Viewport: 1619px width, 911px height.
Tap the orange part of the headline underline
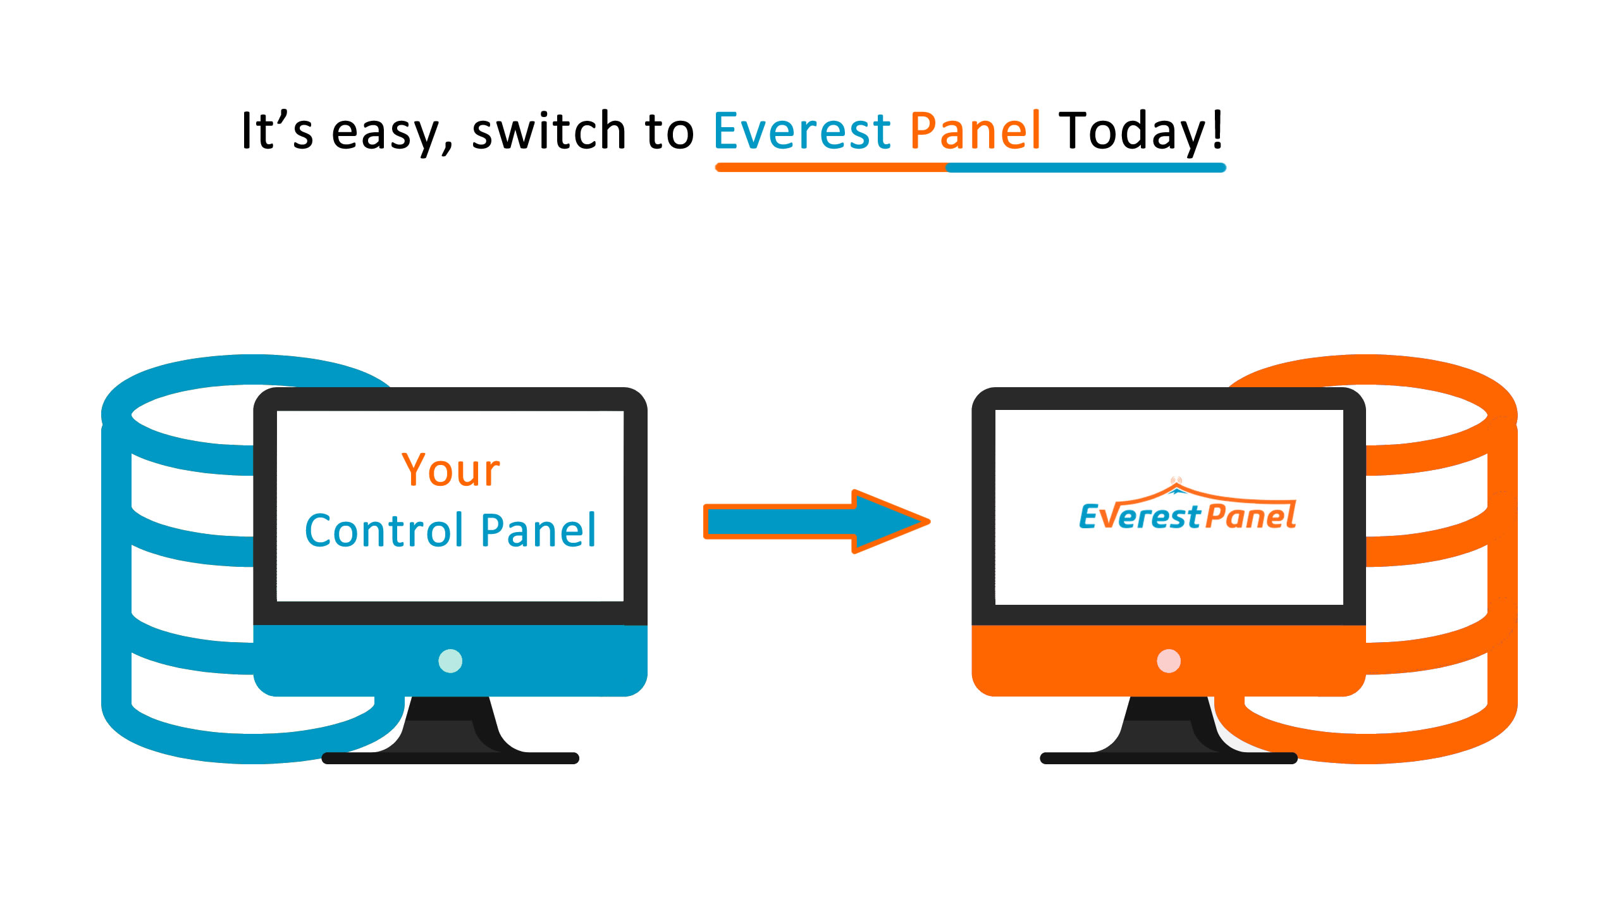(x=830, y=168)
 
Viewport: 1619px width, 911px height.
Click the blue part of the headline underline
(x=1086, y=168)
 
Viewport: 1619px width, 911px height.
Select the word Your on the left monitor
(x=451, y=470)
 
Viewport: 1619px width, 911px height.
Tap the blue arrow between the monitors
(x=816, y=522)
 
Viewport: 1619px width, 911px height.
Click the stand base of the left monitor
(x=450, y=758)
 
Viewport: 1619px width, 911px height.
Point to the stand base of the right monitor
(x=1169, y=758)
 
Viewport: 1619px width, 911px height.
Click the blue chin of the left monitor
(x=450, y=660)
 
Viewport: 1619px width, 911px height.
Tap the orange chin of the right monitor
(x=1169, y=660)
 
